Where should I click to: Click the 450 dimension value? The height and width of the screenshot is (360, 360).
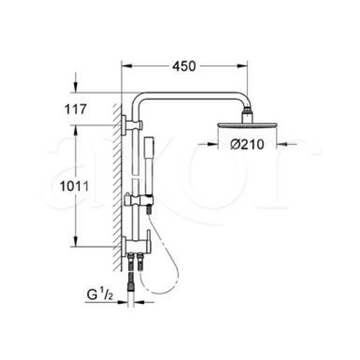184,66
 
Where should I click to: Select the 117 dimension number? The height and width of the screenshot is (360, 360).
76,109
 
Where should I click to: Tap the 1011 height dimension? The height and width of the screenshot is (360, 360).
74,186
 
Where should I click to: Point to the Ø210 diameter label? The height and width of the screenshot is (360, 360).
248,145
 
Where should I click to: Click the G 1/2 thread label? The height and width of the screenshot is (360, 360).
99,294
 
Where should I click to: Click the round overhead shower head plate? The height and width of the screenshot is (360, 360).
247,125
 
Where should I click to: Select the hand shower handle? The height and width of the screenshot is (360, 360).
148,167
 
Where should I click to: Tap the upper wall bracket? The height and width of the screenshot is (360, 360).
132,125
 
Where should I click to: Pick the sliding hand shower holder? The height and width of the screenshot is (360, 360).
139,200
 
